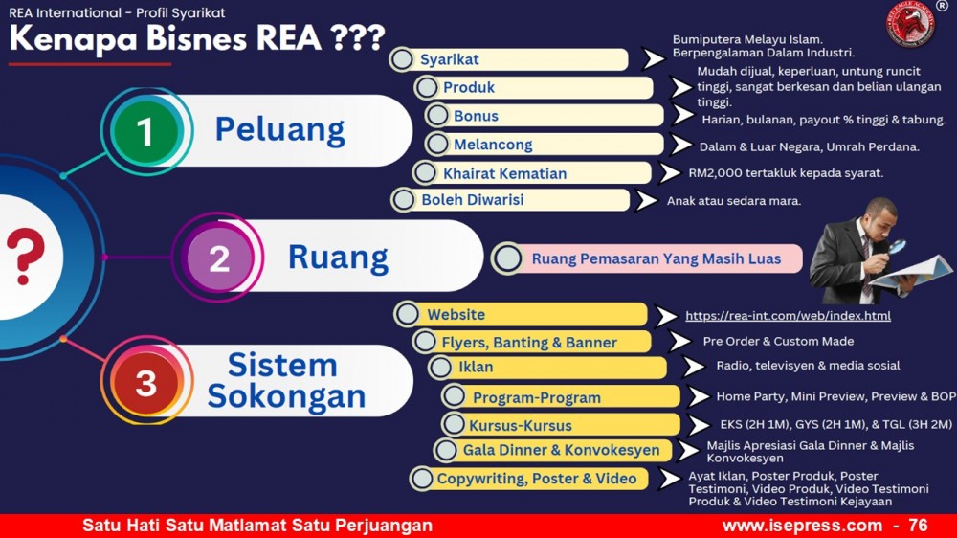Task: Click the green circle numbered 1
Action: click(x=145, y=131)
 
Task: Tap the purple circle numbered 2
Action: click(x=219, y=258)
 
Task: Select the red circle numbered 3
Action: click(x=145, y=383)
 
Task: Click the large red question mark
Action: click(x=26, y=257)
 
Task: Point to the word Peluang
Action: click(x=280, y=130)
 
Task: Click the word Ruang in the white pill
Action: click(x=338, y=258)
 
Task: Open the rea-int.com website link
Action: click(x=788, y=316)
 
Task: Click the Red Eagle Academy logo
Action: click(x=910, y=25)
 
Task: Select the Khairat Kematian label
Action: click(x=504, y=173)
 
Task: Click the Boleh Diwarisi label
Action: click(x=473, y=200)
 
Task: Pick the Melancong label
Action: click(x=493, y=145)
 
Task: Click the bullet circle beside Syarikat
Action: click(x=402, y=59)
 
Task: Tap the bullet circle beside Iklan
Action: click(x=440, y=368)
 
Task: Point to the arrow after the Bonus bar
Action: click(x=683, y=114)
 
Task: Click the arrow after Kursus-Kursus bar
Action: click(x=700, y=425)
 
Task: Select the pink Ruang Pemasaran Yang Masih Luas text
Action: click(x=657, y=258)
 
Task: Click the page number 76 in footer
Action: click(x=918, y=526)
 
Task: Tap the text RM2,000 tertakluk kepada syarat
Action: click(x=786, y=173)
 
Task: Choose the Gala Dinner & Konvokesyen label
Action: click(x=561, y=450)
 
